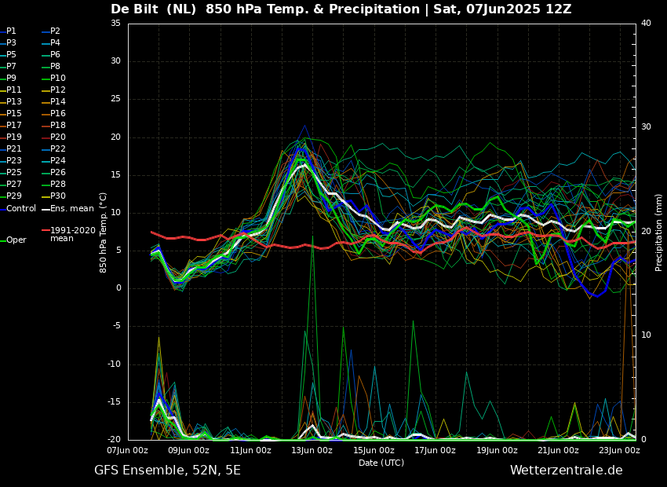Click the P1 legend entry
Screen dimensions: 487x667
11,31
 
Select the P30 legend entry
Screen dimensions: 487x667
58,196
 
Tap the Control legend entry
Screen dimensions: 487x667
21,208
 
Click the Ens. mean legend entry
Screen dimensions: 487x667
71,208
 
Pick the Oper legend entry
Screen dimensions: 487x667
16,240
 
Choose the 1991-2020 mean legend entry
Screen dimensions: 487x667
72,234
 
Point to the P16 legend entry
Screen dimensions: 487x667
58,114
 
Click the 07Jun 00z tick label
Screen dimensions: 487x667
127,451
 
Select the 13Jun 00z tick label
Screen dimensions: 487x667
312,451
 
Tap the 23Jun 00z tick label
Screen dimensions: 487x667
619,451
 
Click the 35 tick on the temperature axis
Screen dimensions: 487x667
115,24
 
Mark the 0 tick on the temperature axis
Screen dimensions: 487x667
118,288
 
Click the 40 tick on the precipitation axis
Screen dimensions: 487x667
646,24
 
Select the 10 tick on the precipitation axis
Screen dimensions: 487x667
646,335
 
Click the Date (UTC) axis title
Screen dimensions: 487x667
381,463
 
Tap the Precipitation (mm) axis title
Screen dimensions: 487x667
659,233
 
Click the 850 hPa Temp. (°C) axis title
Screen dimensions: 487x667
104,233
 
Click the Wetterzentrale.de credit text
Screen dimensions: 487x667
566,471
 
